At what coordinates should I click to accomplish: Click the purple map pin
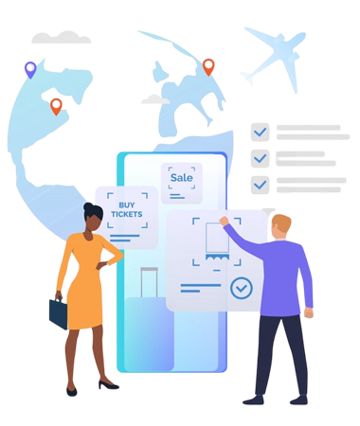[30, 69]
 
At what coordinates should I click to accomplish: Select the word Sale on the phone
[182, 178]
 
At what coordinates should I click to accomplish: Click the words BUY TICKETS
[127, 209]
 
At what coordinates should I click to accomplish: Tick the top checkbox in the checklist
[261, 133]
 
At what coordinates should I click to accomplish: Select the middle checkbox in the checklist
[261, 158]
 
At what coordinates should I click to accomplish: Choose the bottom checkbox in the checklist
[261, 185]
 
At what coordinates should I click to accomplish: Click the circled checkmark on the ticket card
[242, 288]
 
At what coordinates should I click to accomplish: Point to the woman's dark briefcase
[59, 313]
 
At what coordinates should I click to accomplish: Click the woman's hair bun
[88, 206]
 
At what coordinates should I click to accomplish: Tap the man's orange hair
[281, 222]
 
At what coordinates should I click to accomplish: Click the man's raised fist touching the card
[224, 221]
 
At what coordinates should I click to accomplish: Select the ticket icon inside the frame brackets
[217, 241]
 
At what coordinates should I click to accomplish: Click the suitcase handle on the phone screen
[149, 282]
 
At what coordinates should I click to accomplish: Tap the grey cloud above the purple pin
[62, 38]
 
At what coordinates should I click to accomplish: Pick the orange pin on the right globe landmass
[208, 66]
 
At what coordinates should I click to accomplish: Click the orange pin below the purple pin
[56, 106]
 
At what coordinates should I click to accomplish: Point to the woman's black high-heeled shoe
[108, 385]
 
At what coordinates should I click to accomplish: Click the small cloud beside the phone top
[155, 99]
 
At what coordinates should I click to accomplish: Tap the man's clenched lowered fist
[309, 312]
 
